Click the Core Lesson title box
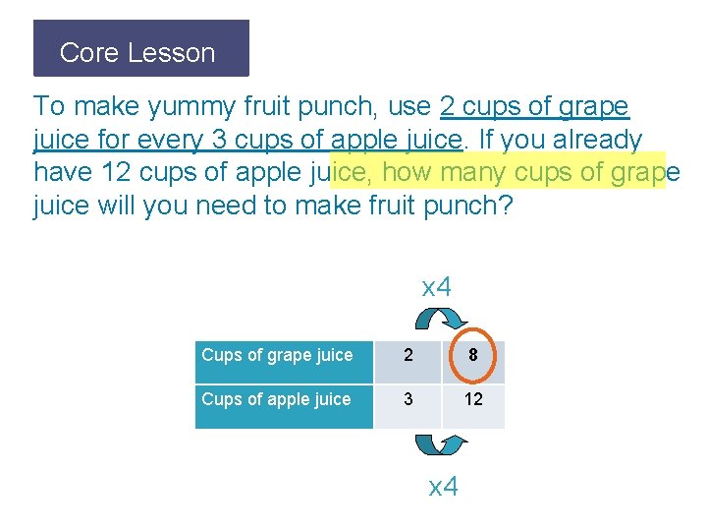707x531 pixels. pyautogui.click(x=141, y=49)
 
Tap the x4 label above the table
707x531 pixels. pyautogui.click(x=436, y=288)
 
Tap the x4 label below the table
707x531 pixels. pyautogui.click(x=444, y=486)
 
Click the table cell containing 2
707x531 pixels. pyautogui.click(x=408, y=357)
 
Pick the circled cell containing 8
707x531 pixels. pyautogui.click(x=473, y=357)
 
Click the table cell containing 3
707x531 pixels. pyautogui.click(x=408, y=400)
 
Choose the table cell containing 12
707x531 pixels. pyautogui.click(x=473, y=400)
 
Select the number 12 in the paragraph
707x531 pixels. pyautogui.click(x=116, y=174)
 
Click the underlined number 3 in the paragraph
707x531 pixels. pyautogui.click(x=218, y=140)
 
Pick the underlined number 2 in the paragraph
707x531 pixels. pyautogui.click(x=450, y=106)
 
